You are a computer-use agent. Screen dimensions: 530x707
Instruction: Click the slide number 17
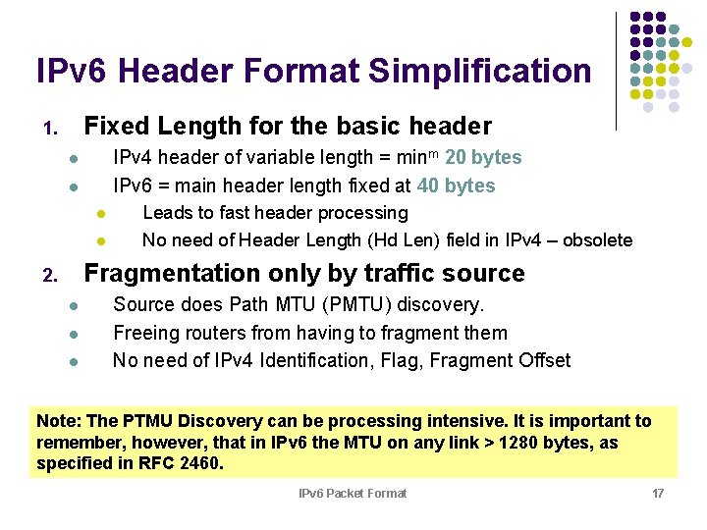click(x=658, y=493)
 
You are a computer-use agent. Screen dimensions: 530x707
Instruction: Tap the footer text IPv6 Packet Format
click(x=353, y=493)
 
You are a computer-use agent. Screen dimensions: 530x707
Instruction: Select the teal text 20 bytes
click(x=483, y=157)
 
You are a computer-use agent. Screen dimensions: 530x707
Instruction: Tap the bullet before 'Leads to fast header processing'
click(x=100, y=214)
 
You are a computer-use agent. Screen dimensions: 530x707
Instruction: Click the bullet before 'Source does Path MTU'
click(x=73, y=306)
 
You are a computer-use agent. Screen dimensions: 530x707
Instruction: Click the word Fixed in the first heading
click(x=116, y=127)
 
